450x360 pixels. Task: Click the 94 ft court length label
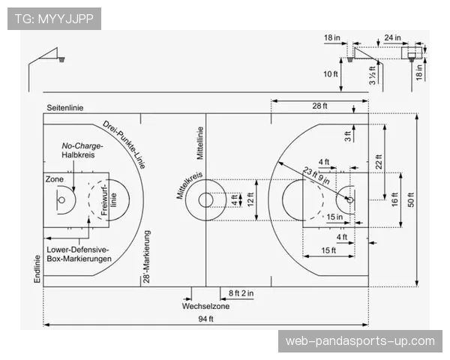(x=205, y=319)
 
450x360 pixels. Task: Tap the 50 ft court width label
(x=411, y=199)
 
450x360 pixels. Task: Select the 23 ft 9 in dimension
(x=316, y=175)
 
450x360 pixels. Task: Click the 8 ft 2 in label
(x=241, y=293)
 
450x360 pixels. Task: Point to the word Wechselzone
(x=205, y=306)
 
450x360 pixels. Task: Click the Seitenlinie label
(x=65, y=108)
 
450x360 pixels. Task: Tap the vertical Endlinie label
(x=37, y=269)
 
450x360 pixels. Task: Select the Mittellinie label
(x=200, y=143)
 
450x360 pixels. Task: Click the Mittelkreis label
(x=190, y=185)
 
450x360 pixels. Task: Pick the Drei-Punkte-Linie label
(x=124, y=145)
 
